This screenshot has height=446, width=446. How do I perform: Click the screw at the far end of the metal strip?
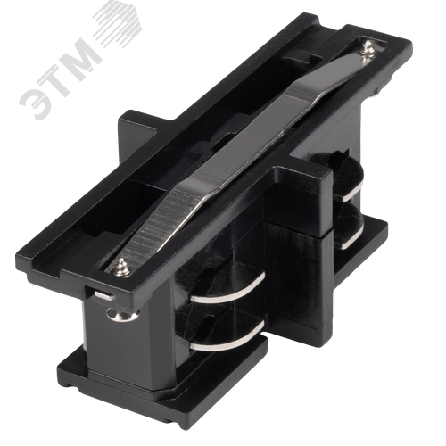click(x=368, y=53)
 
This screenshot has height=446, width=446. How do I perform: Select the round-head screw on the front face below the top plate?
click(x=122, y=315)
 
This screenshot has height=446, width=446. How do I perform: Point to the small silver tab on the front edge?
click(x=104, y=295)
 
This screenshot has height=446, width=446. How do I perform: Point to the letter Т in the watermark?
click(x=61, y=77)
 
